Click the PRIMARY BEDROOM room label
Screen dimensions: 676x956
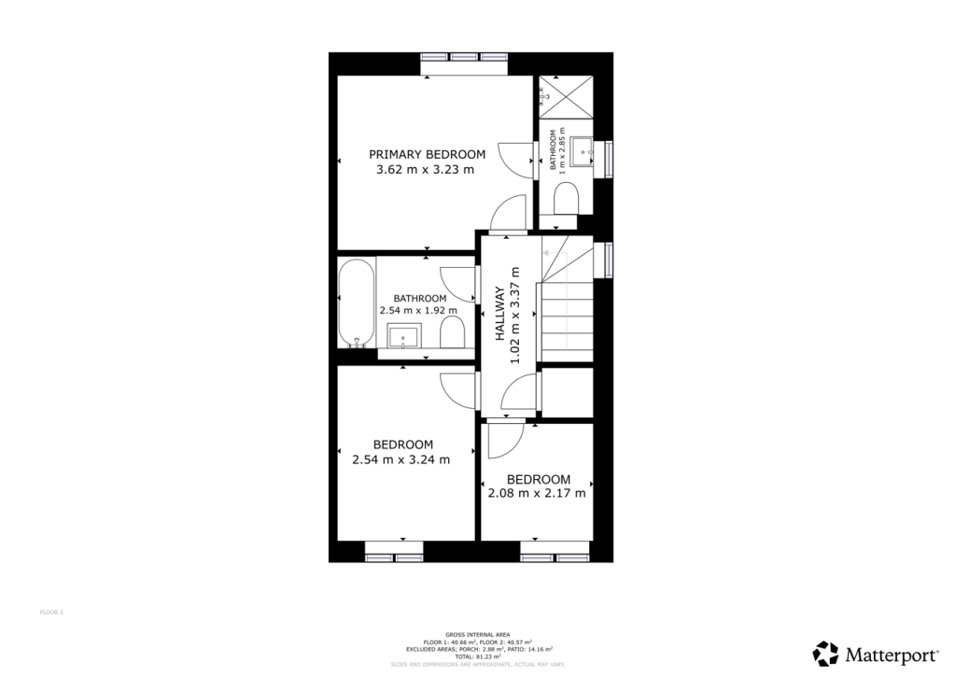[427, 154]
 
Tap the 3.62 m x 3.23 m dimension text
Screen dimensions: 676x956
[425, 170]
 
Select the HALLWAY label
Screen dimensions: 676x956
[499, 315]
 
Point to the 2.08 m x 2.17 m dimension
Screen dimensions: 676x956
[537, 493]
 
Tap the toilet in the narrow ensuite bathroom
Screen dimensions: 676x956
[566, 199]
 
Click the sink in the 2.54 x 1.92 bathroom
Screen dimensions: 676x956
[404, 335]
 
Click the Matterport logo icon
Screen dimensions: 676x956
[826, 653]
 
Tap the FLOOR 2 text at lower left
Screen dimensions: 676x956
[51, 613]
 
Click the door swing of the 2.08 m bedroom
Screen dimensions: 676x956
[505, 440]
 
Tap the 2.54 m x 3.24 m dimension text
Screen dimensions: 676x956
[401, 459]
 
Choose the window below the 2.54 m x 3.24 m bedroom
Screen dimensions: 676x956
[394, 557]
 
